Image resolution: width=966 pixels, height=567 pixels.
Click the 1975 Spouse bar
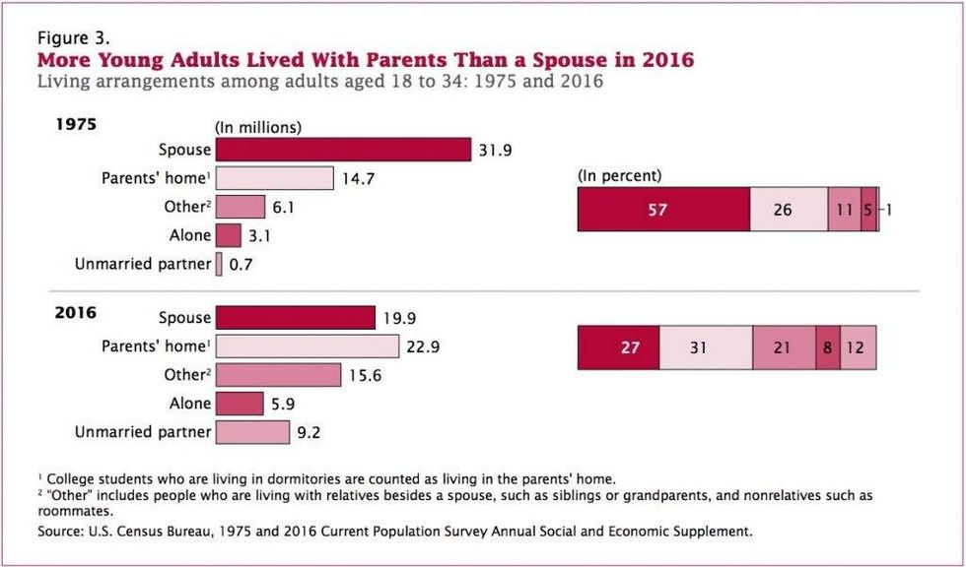coord(343,150)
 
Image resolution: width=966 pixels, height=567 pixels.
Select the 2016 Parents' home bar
coord(308,346)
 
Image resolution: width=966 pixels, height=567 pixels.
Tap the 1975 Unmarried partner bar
coord(219,265)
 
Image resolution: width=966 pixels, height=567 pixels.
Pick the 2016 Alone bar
coord(240,404)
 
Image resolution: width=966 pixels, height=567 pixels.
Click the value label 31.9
coord(495,150)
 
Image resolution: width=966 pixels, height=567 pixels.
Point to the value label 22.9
coord(423,346)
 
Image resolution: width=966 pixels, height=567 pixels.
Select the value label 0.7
coord(241,265)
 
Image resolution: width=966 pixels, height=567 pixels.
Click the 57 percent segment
coord(663,210)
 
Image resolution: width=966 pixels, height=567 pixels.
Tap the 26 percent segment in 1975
coord(789,210)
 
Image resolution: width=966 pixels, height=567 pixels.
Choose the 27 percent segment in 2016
coord(619,347)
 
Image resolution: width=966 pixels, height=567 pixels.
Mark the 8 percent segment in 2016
coord(828,347)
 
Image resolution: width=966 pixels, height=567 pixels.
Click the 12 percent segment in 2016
coord(859,347)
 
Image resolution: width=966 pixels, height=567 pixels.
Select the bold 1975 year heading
coord(77,124)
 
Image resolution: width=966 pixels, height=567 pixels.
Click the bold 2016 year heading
coord(77,312)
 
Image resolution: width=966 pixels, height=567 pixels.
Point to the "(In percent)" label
coord(620,176)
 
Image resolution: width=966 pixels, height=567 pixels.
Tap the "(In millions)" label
coord(257,128)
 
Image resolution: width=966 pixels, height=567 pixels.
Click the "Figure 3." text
coord(74,38)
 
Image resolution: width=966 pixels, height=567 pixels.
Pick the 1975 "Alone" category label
coord(189,235)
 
